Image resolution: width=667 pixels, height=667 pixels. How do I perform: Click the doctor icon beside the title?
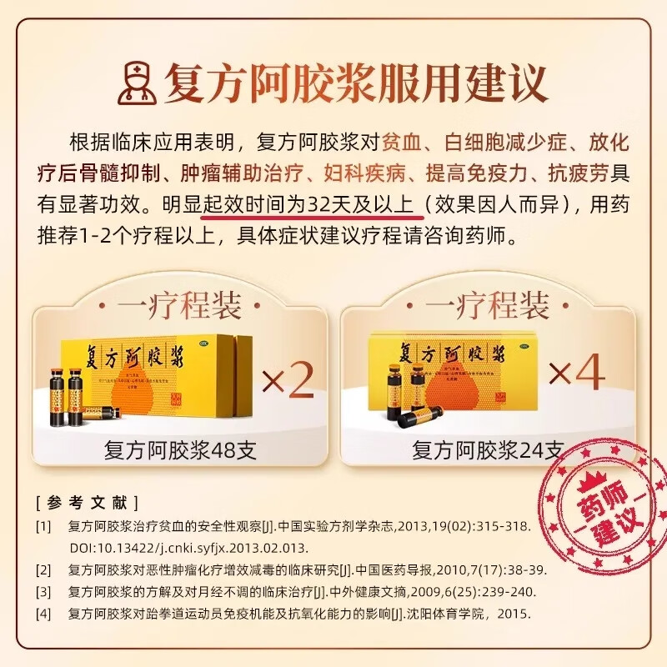tap(138, 81)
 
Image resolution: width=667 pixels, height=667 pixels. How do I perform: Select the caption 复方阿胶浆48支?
tap(180, 451)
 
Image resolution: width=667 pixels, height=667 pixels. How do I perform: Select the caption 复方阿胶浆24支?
tap(488, 451)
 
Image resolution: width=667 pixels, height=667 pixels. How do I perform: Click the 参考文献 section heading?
tap(87, 502)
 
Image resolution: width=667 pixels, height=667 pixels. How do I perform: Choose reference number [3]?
tap(43, 593)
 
